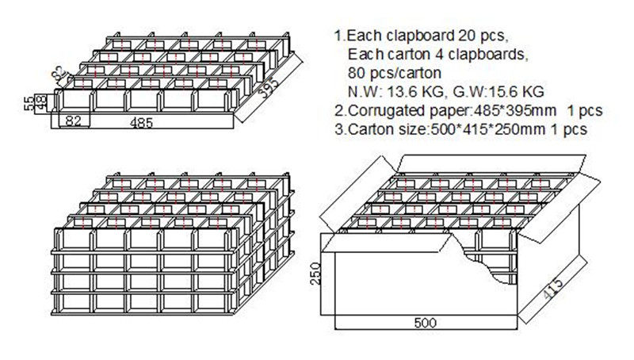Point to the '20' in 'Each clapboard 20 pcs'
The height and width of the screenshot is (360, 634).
coord(468,36)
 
